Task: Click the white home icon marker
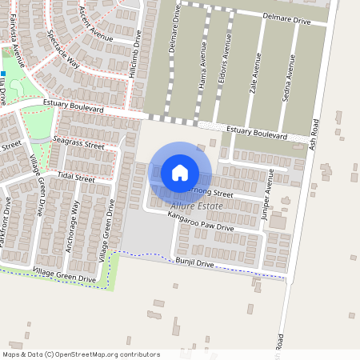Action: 180,172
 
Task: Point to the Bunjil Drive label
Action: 196,262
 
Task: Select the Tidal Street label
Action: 76,175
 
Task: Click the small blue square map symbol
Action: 3,74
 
